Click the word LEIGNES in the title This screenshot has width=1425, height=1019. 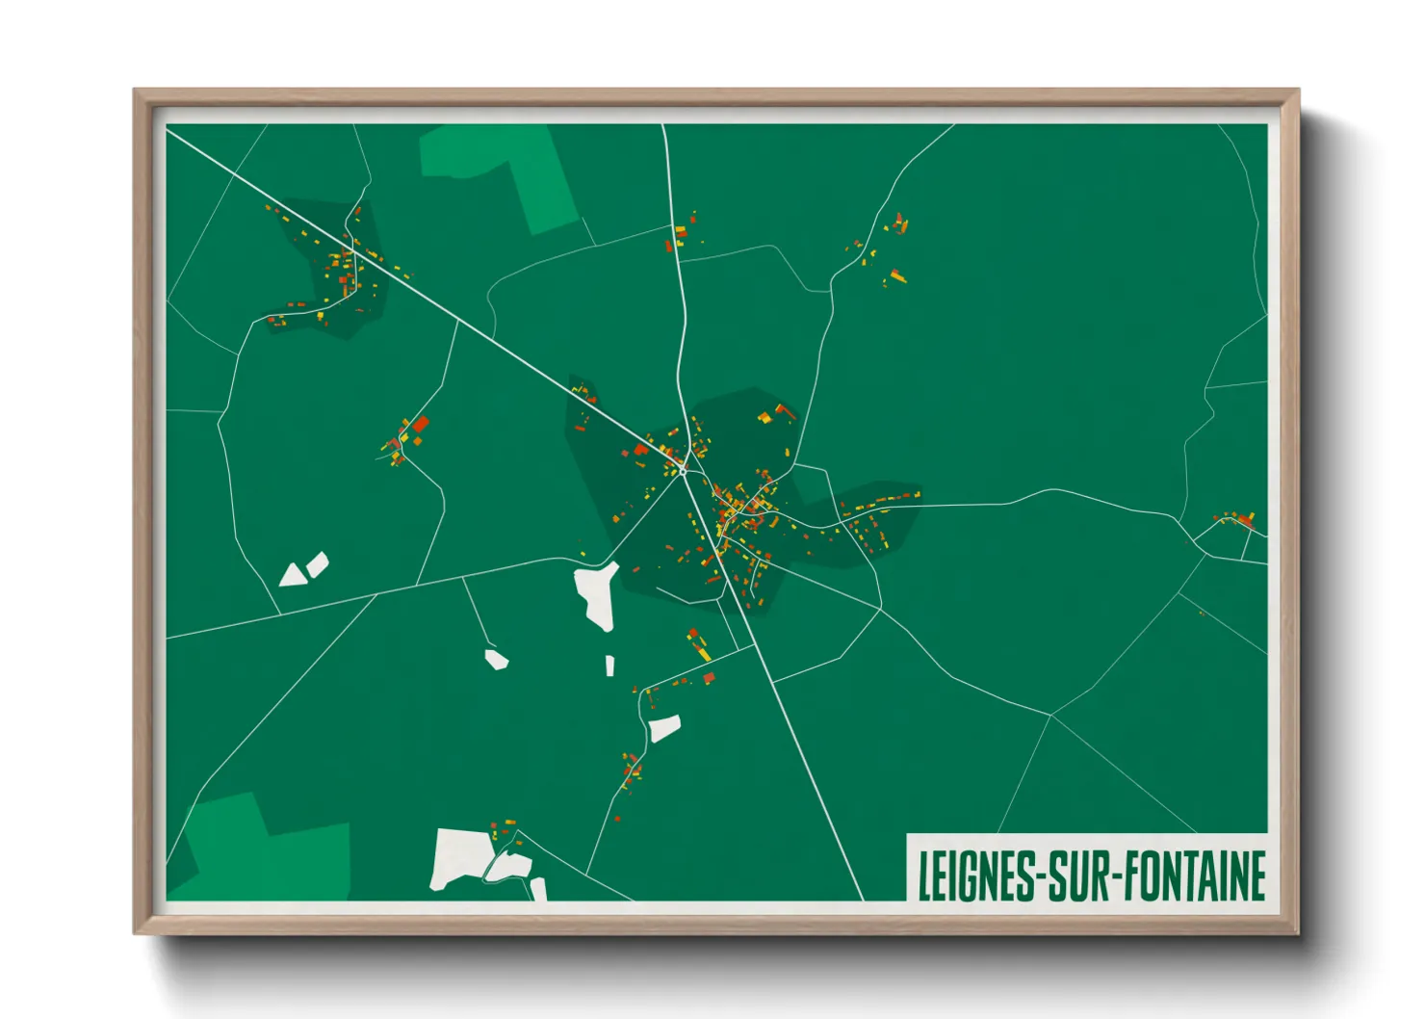click(975, 876)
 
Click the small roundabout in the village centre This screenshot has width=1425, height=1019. click(683, 470)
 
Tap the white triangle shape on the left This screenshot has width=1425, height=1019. click(292, 576)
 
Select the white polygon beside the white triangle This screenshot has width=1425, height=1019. click(317, 564)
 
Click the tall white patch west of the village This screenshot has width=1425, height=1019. click(597, 595)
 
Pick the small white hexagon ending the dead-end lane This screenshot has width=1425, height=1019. click(496, 660)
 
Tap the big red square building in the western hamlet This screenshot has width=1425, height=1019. click(420, 424)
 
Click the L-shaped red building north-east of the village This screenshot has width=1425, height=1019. click(784, 411)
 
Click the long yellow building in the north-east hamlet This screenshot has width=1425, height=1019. click(897, 277)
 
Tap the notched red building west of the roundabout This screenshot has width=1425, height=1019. click(640, 450)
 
